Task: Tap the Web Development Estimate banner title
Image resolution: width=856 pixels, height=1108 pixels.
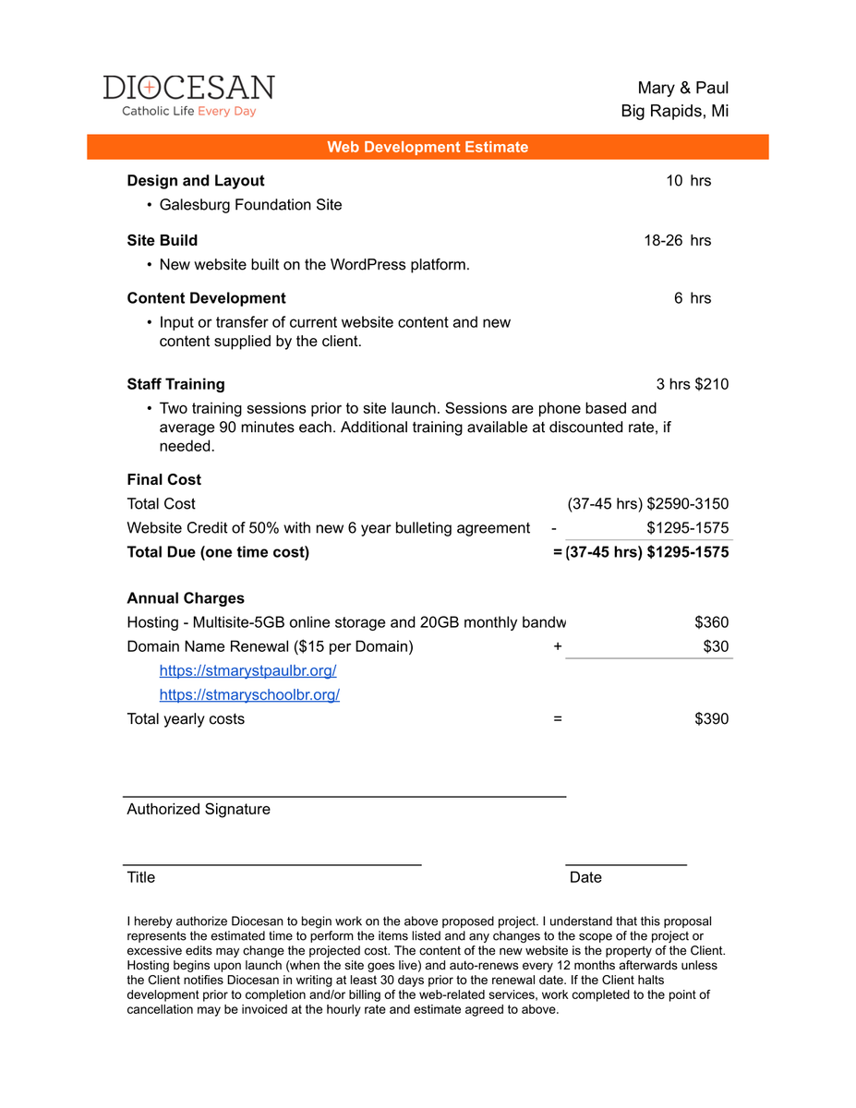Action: tap(428, 147)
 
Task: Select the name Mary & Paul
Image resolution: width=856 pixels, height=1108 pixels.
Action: tap(682, 88)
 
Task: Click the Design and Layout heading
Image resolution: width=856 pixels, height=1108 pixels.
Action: tap(196, 181)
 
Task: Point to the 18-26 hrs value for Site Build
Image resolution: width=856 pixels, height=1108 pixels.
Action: tap(677, 241)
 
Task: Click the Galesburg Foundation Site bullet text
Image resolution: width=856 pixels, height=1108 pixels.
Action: tap(250, 205)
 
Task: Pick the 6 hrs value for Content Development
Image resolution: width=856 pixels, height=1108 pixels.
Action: tap(693, 298)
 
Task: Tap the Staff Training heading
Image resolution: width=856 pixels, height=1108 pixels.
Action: tap(175, 384)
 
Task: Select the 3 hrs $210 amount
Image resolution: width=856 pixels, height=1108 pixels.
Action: tap(692, 384)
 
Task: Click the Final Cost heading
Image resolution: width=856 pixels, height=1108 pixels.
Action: tap(163, 479)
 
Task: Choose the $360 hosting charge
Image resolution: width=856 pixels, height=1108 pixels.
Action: tap(711, 622)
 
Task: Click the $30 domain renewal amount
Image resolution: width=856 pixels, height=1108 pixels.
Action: tap(716, 646)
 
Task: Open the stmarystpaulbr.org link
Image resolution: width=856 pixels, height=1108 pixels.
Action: tap(247, 670)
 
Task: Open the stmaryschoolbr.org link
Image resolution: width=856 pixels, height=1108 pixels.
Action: tap(249, 694)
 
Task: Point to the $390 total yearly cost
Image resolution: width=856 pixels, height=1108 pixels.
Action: tap(711, 718)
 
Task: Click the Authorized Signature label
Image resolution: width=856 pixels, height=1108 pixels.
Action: tap(199, 809)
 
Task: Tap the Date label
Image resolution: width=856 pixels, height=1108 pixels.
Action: tap(585, 877)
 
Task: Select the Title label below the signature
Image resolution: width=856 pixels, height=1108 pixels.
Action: tap(141, 877)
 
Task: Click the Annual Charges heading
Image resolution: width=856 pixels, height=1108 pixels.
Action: tap(186, 598)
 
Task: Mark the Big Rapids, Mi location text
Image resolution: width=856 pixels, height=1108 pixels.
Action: tap(674, 112)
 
